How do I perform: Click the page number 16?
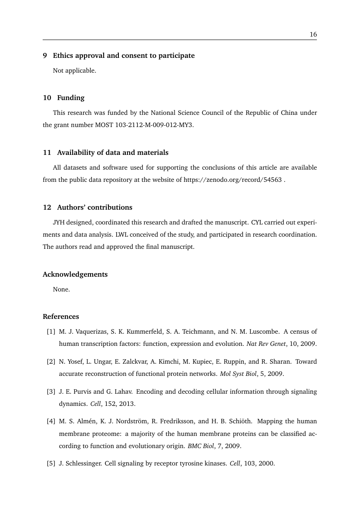pos(313,35)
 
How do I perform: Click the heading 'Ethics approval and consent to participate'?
pos(124,56)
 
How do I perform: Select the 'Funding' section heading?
pos(71,97)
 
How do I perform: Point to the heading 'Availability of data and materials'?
pos(112,153)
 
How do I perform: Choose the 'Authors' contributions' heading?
pos(94,207)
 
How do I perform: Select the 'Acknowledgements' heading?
pos(75,275)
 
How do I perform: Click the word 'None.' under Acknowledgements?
pos(61,289)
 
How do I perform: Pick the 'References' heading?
pos(61,316)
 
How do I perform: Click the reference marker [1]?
pos(51,332)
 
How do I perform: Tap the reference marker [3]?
pos(51,392)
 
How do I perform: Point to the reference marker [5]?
pos(51,463)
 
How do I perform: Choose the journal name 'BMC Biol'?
pos(200,446)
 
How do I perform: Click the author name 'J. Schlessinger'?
pos(80,463)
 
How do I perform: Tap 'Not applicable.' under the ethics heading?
pos(74,70)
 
